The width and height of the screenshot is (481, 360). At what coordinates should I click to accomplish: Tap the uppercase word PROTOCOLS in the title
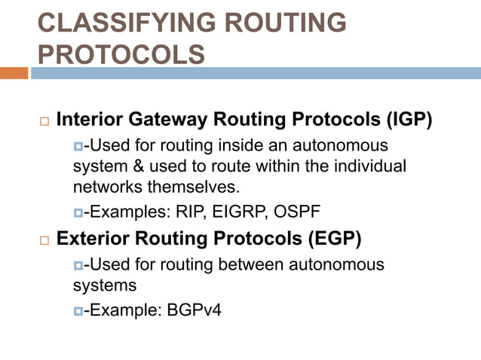click(121, 55)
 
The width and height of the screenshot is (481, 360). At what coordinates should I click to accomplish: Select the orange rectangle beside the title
click(14, 73)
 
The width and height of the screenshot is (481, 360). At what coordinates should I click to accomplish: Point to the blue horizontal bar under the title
click(256, 73)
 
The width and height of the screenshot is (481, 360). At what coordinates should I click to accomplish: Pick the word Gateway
click(174, 121)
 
